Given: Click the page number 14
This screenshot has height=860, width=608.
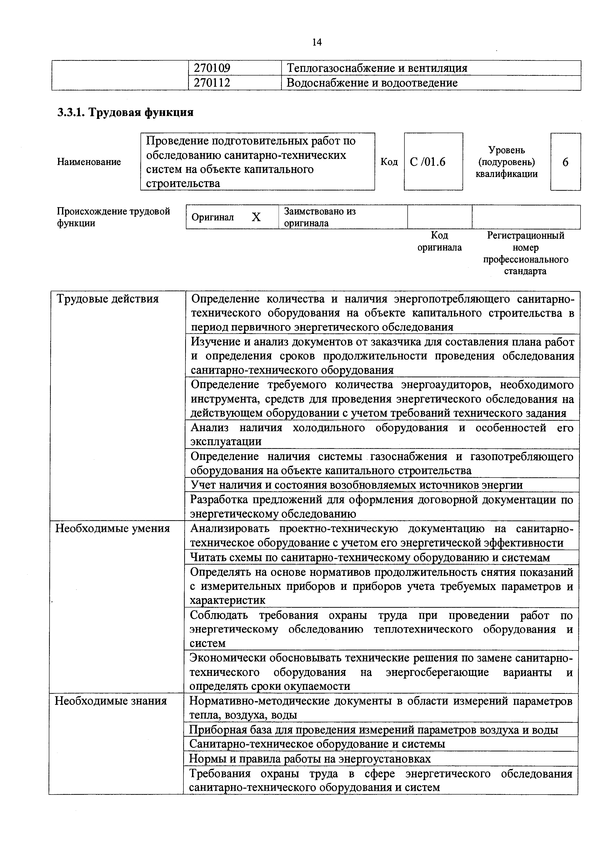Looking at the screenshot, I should pyautogui.click(x=317, y=42).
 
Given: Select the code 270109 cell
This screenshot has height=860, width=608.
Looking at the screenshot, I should pyautogui.click(x=212, y=68).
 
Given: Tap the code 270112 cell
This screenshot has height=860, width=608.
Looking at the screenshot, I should pyautogui.click(x=212, y=83).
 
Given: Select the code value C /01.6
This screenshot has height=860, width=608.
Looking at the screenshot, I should pyautogui.click(x=427, y=162).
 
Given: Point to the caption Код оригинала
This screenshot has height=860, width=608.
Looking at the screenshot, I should pyautogui.click(x=440, y=241).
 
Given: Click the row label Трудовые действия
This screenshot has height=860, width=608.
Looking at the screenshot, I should pyautogui.click(x=107, y=299).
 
